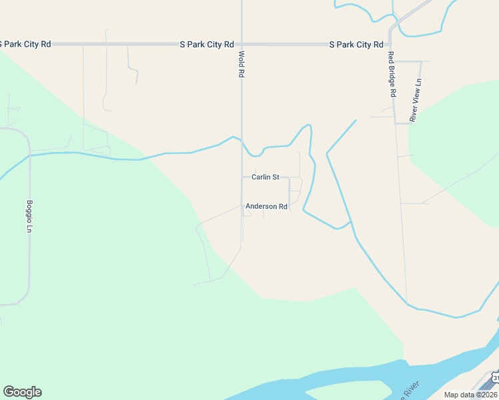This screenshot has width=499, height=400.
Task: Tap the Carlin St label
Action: click(265, 177)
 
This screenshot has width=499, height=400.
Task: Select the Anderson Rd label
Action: click(266, 207)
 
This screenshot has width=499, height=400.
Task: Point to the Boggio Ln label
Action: click(29, 216)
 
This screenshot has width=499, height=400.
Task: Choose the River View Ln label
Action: click(416, 100)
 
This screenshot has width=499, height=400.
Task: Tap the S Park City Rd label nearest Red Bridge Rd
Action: click(356, 45)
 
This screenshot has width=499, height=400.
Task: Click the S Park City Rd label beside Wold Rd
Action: click(207, 45)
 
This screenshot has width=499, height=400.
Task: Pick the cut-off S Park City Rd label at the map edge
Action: click(25, 45)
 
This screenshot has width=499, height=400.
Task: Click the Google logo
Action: click(22, 392)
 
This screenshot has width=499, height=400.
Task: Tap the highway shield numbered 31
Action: click(495, 379)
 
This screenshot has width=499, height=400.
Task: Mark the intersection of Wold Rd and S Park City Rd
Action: click(241, 45)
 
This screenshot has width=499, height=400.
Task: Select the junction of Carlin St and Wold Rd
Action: click(241, 177)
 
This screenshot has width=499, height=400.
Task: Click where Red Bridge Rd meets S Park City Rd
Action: click(391, 45)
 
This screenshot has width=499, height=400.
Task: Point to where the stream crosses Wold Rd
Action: click(241, 141)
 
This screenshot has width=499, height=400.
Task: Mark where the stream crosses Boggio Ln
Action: click(29, 155)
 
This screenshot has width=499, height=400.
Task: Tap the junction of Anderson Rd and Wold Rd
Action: click(241, 205)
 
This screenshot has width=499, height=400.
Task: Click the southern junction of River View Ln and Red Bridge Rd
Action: click(396, 122)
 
